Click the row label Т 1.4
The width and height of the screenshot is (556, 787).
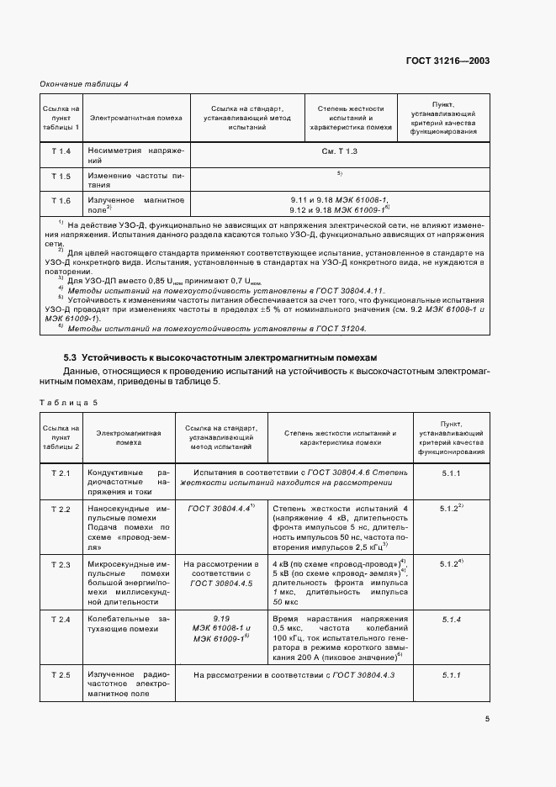[61, 151]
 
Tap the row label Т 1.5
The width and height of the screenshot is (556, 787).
[61, 176]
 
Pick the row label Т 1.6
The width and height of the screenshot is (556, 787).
[61, 201]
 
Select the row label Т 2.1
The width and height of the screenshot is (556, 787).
[61, 473]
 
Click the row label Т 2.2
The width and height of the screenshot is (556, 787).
[61, 510]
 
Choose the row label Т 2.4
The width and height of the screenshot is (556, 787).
[61, 620]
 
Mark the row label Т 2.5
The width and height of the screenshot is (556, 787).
[61, 675]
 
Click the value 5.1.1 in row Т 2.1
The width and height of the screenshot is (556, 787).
[451, 473]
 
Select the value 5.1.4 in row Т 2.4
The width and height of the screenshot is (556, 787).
[451, 620]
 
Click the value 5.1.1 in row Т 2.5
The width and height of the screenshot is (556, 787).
[451, 675]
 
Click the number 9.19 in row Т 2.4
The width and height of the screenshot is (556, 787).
[222, 619]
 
